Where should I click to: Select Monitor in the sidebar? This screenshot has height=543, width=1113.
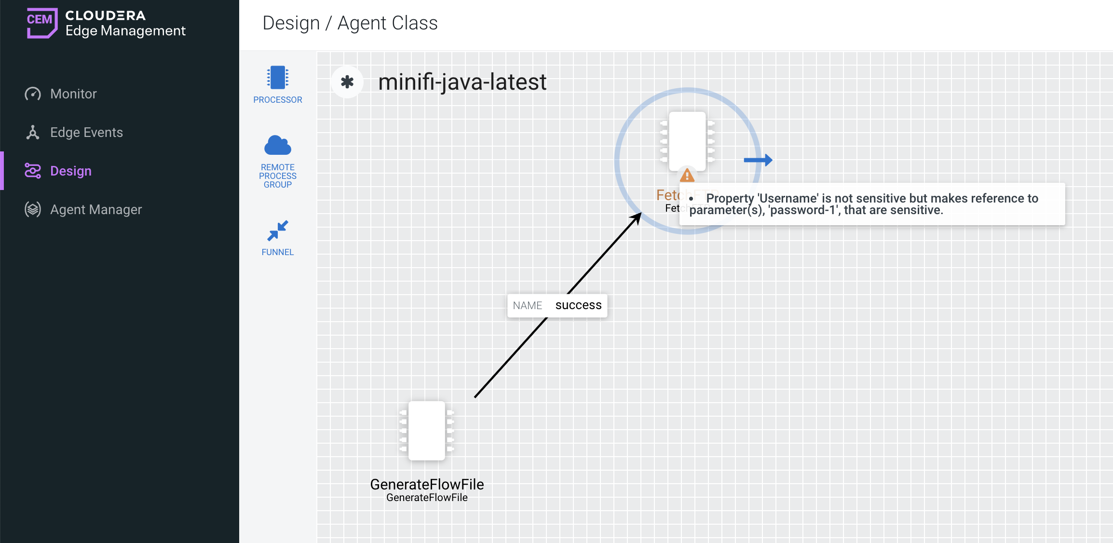(x=73, y=94)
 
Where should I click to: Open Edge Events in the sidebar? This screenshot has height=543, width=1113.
(x=86, y=132)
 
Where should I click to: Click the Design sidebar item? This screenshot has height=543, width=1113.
(x=71, y=171)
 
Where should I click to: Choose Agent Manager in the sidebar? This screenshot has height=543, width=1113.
(x=96, y=209)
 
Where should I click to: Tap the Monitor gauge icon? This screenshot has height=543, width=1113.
(x=33, y=94)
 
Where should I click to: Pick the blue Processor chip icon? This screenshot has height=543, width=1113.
(x=278, y=78)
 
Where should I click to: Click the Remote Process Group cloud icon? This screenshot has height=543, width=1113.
(x=278, y=145)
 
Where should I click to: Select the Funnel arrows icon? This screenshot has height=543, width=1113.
(x=278, y=231)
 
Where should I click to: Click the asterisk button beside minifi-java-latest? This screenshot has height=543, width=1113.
(x=347, y=82)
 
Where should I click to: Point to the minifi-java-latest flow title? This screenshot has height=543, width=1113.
(x=462, y=82)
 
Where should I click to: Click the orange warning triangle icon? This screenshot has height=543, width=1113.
(x=687, y=175)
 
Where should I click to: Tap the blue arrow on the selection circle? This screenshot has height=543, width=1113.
(x=758, y=160)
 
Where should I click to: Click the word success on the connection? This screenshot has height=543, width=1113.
(x=578, y=305)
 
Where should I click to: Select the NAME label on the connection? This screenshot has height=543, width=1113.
(x=528, y=305)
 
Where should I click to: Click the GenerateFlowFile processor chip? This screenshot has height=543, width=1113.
(x=427, y=431)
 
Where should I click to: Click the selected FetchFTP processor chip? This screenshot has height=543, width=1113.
(x=687, y=141)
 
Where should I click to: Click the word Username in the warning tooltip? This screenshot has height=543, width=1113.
(x=788, y=198)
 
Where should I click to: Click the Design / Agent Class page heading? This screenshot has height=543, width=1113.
(x=350, y=23)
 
